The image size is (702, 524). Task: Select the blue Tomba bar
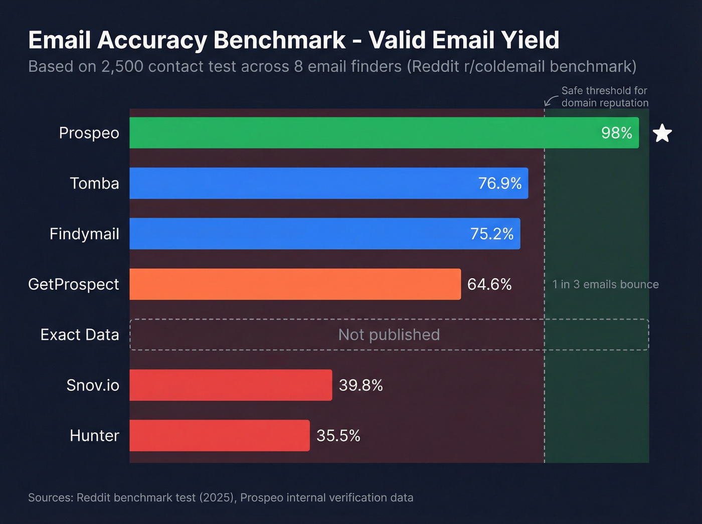[x=301, y=184]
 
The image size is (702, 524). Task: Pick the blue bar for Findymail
[x=296, y=234]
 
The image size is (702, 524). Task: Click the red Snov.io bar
[x=231, y=385]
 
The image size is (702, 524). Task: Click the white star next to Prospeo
[x=662, y=133]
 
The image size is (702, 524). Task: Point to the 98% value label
[x=616, y=133]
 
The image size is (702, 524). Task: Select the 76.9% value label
[x=499, y=184]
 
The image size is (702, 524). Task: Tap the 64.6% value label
[x=489, y=284]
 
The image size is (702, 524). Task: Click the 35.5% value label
[x=338, y=435]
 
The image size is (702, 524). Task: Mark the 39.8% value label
[x=361, y=385]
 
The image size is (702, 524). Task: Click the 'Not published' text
[x=389, y=334]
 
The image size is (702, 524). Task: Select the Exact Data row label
[x=80, y=334]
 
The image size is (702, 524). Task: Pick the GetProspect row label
[x=74, y=284]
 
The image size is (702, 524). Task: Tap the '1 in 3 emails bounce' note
[x=605, y=284]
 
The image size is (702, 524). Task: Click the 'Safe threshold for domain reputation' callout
[x=604, y=97]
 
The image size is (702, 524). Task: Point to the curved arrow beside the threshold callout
[x=551, y=101]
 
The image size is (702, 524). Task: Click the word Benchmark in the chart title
[x=279, y=40]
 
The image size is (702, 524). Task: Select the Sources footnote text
[x=221, y=497]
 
